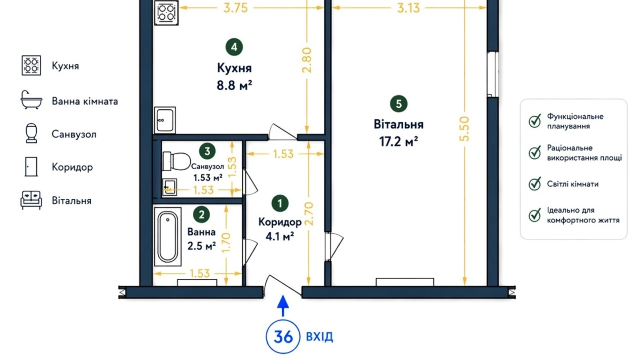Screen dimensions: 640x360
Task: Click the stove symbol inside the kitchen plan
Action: coord(166,12)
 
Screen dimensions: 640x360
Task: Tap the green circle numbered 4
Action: coord(234,47)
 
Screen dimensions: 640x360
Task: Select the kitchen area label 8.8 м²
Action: coord(234,85)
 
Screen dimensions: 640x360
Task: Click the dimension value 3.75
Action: coord(236,8)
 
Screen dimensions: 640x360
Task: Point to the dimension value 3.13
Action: coord(408,8)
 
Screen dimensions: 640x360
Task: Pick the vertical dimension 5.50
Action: coord(464,129)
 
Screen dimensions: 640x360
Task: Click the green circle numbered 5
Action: coord(399,104)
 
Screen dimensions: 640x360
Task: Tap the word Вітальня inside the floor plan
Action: coord(399,124)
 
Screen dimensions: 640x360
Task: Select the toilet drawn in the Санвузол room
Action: coord(176,161)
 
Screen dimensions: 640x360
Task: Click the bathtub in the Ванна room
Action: coord(168,237)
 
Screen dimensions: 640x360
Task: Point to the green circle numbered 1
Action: coord(280,204)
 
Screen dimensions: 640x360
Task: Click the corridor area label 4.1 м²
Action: coord(280,237)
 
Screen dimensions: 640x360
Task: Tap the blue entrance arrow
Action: coord(283,306)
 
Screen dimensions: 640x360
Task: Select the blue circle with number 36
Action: coord(283,336)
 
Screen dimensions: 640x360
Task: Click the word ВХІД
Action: coord(320,337)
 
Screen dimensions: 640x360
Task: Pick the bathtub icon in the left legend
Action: coord(31,100)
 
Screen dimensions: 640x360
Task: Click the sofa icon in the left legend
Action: coord(31,200)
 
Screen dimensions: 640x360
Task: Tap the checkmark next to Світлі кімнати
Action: coord(535,184)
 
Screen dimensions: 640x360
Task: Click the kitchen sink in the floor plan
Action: coord(165,120)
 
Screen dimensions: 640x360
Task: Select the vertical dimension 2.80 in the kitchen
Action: coord(307,60)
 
